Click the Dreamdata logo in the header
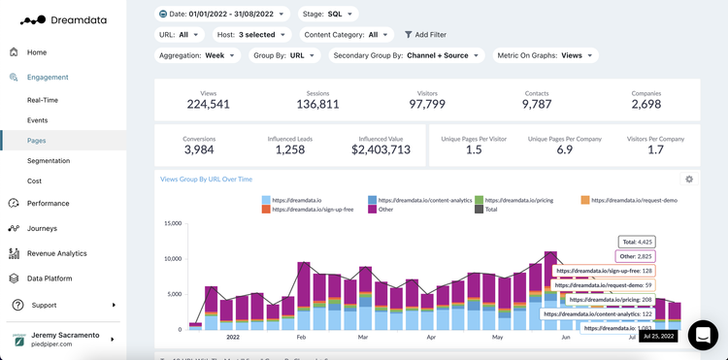pos(66,18)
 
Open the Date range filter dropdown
pos(222,14)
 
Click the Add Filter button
pos(424,35)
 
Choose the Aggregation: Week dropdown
pos(197,55)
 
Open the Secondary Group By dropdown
pos(406,55)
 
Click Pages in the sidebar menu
pos(36,141)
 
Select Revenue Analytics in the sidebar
pos(56,253)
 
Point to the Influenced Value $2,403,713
pos(381,149)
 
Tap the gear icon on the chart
pos(689,180)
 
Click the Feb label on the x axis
pos(302,338)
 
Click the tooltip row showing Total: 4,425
pos(638,242)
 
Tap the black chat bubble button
pos(703,335)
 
